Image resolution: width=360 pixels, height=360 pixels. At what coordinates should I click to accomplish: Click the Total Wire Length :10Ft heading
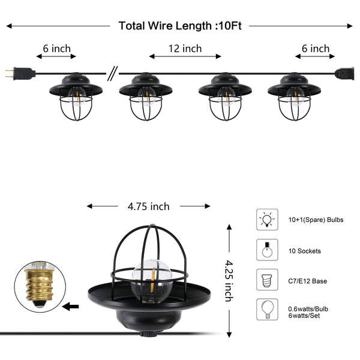180,26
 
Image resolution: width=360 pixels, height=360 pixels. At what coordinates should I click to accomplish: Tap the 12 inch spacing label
185,49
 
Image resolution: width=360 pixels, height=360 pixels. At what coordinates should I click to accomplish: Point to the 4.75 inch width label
149,206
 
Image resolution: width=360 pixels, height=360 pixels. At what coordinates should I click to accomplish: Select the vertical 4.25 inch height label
229,281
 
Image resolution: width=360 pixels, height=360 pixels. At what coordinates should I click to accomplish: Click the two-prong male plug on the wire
20,73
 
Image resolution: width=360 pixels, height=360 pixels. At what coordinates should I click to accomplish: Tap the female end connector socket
344,73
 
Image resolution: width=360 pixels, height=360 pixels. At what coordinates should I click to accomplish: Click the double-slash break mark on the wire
113,73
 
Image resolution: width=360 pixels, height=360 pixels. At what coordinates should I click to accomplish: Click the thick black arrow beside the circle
70,307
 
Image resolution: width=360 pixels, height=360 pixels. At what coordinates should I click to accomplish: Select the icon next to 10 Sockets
267,250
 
